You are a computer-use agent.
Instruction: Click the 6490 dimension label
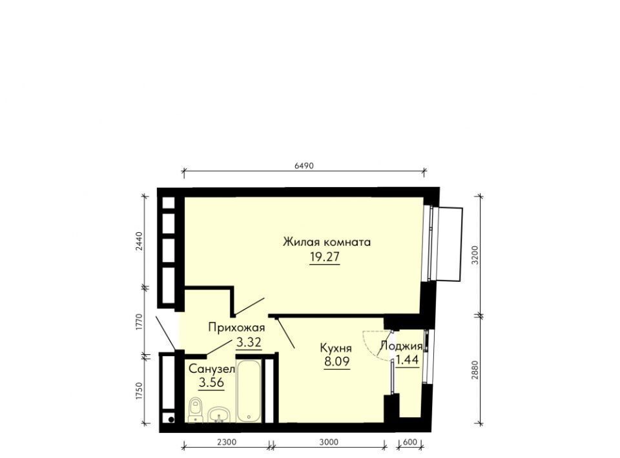click(304, 166)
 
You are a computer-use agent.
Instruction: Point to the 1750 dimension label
click(139, 392)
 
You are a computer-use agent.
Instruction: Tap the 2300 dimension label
click(227, 443)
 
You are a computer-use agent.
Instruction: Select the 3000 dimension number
click(329, 443)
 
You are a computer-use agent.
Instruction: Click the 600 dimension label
click(411, 443)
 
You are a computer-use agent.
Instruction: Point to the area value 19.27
click(325, 257)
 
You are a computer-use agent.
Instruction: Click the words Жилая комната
click(327, 242)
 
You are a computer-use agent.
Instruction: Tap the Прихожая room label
click(236, 328)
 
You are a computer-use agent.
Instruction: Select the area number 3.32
click(249, 342)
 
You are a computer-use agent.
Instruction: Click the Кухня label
click(335, 348)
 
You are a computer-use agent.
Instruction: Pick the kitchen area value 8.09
click(337, 361)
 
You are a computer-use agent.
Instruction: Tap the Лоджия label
click(401, 346)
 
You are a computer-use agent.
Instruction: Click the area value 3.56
click(212, 382)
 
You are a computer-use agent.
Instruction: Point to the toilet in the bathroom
click(195, 410)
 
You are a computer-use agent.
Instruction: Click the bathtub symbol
click(249, 391)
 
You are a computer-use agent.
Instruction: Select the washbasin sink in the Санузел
click(219, 415)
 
